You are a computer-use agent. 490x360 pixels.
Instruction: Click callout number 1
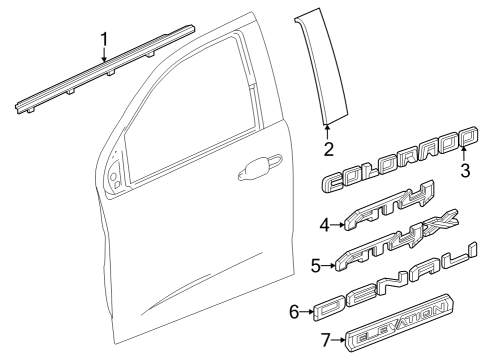[x=105, y=40]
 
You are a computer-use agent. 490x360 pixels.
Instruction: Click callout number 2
[x=327, y=149]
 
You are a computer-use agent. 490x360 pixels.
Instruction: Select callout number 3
[x=464, y=169]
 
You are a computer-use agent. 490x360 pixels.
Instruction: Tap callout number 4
[x=325, y=226]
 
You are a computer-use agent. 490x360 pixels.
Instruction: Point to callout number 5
[x=316, y=266]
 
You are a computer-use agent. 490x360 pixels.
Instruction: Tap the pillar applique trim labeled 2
[x=322, y=70]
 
